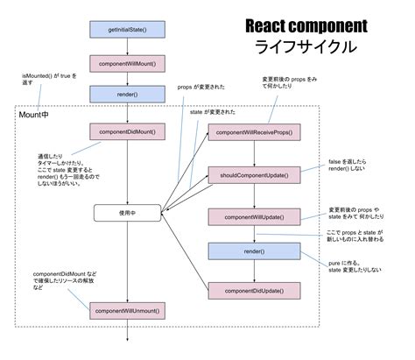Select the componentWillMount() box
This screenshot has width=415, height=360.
[128, 64]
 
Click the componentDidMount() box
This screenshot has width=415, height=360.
[128, 131]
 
